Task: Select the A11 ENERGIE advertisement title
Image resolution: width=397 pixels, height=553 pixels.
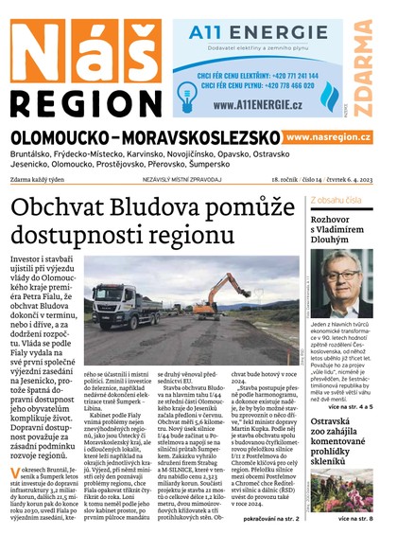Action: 237,34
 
